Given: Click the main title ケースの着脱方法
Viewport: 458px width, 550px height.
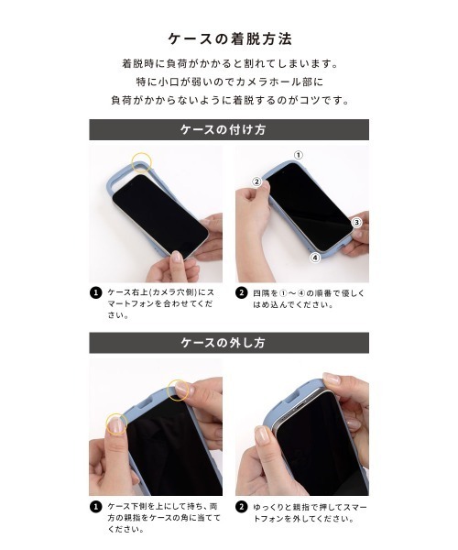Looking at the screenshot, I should coord(229,39).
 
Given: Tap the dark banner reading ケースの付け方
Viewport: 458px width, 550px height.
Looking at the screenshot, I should coord(229,129).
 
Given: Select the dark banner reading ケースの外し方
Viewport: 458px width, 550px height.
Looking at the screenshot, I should coord(229,343).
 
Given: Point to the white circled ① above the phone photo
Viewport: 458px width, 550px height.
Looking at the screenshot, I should coord(298,155).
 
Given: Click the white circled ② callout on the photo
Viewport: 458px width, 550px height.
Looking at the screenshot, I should coord(256,181).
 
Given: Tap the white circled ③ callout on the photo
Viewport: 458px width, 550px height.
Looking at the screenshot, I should coord(357,223).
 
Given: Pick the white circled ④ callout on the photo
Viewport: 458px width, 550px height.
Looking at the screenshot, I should coord(314,258).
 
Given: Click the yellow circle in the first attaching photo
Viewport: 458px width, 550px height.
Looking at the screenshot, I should coord(141,162).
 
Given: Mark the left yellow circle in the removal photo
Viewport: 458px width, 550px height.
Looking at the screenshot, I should coord(115,423).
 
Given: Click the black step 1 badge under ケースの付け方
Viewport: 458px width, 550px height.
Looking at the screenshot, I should coord(95,293).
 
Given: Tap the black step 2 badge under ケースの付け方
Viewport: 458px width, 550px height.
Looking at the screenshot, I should coord(242,293).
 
